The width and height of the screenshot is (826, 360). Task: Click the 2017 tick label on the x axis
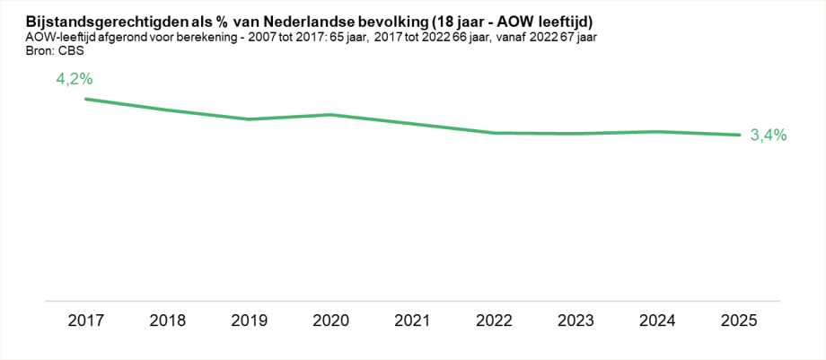pyautogui.click(x=85, y=320)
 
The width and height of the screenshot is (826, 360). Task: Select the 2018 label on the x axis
pyautogui.click(x=167, y=320)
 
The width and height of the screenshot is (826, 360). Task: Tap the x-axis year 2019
pyautogui.click(x=249, y=320)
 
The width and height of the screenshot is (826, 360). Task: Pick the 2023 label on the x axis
pyautogui.click(x=576, y=320)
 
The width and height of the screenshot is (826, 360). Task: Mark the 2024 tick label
pyautogui.click(x=658, y=320)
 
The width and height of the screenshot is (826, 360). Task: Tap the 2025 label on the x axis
pyautogui.click(x=740, y=320)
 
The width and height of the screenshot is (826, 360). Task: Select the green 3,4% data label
pyautogui.click(x=769, y=136)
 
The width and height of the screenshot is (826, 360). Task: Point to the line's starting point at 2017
pyautogui.click(x=85, y=99)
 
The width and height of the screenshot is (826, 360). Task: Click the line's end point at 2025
pyautogui.click(x=740, y=135)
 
